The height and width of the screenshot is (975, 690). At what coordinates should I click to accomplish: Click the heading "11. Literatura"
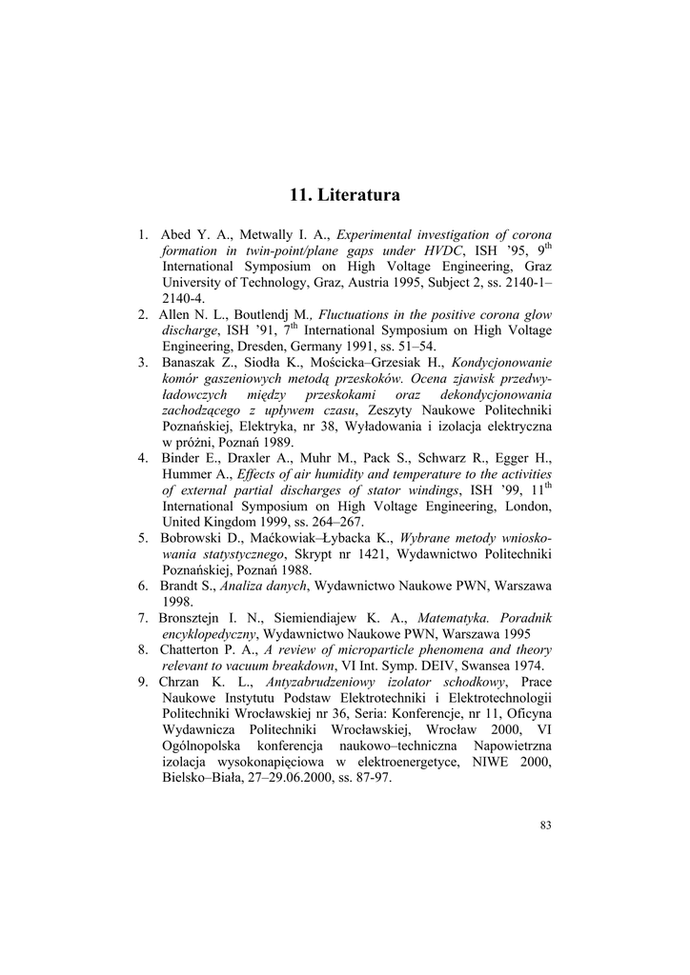pos(344,195)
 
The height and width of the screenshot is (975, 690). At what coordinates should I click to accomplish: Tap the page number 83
pos(545,825)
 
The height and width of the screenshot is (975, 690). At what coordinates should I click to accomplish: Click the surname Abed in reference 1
pos(177,235)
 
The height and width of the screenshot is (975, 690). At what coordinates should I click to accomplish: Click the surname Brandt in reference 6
pos(180,586)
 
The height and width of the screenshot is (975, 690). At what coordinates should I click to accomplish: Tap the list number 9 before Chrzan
pos(141,682)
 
